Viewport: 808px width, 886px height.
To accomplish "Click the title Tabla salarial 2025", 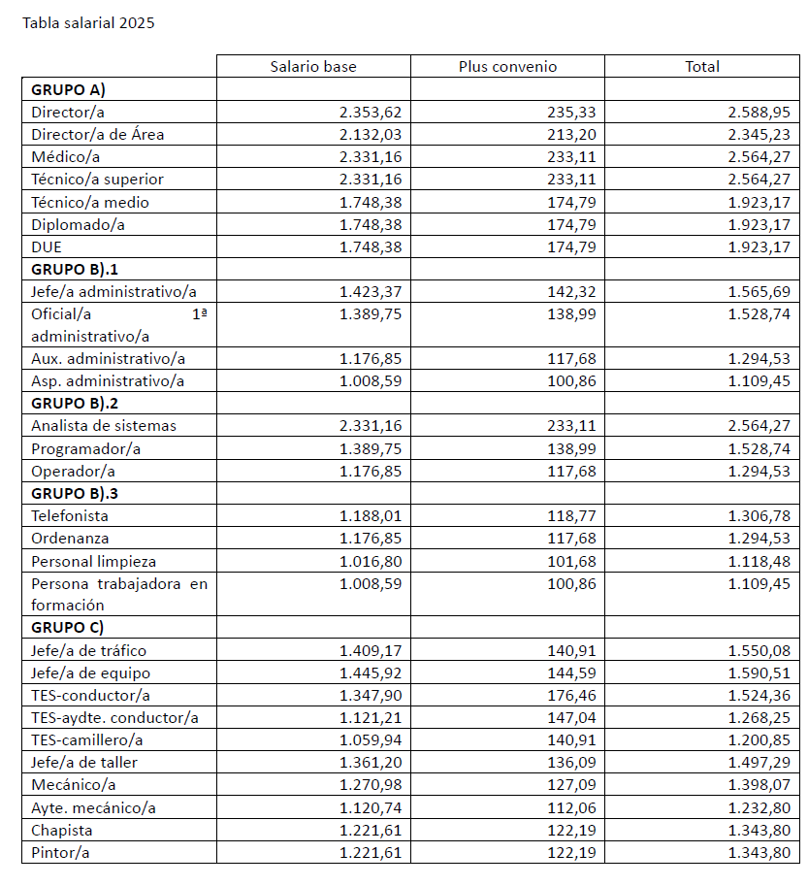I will tap(88, 22).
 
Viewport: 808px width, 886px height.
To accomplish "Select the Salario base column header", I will tap(313, 67).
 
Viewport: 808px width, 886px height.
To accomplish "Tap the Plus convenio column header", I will tap(507, 67).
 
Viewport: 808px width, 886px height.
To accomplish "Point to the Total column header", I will tap(702, 67).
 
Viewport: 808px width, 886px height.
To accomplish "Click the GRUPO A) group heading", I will tap(68, 89).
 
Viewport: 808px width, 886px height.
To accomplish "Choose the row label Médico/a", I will tap(66, 156).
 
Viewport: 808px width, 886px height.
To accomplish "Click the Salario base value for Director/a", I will tap(371, 112).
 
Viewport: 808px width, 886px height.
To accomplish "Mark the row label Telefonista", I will tap(70, 515).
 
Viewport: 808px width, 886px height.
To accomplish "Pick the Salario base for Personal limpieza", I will tap(371, 561).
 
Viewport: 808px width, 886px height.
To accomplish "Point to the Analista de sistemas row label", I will tap(104, 425).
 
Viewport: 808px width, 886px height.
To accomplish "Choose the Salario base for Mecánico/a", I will tap(371, 784).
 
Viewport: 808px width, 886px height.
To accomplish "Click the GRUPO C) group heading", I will tap(68, 627).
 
